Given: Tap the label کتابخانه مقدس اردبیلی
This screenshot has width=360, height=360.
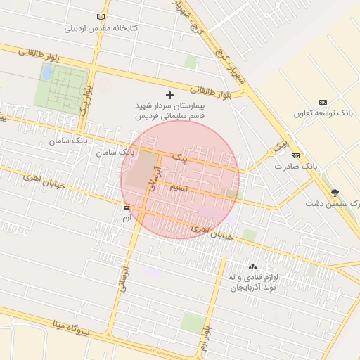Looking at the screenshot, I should (x=102, y=28).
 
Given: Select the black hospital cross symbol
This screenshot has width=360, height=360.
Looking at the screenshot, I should (x=169, y=95).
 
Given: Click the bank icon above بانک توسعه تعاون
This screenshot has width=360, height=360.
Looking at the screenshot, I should (x=323, y=103).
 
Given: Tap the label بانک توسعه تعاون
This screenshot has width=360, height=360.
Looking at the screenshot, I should (x=324, y=113).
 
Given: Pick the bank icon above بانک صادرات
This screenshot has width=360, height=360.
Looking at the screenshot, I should (x=295, y=155).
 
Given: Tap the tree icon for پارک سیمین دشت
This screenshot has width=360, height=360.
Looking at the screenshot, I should (x=335, y=192).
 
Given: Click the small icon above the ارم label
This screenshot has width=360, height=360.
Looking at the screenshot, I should (x=127, y=207).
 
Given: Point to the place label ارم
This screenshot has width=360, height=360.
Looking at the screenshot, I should (x=127, y=219).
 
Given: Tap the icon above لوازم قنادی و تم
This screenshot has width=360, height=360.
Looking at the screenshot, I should (x=253, y=266).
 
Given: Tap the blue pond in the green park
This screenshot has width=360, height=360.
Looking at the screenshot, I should (x=46, y=72).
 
